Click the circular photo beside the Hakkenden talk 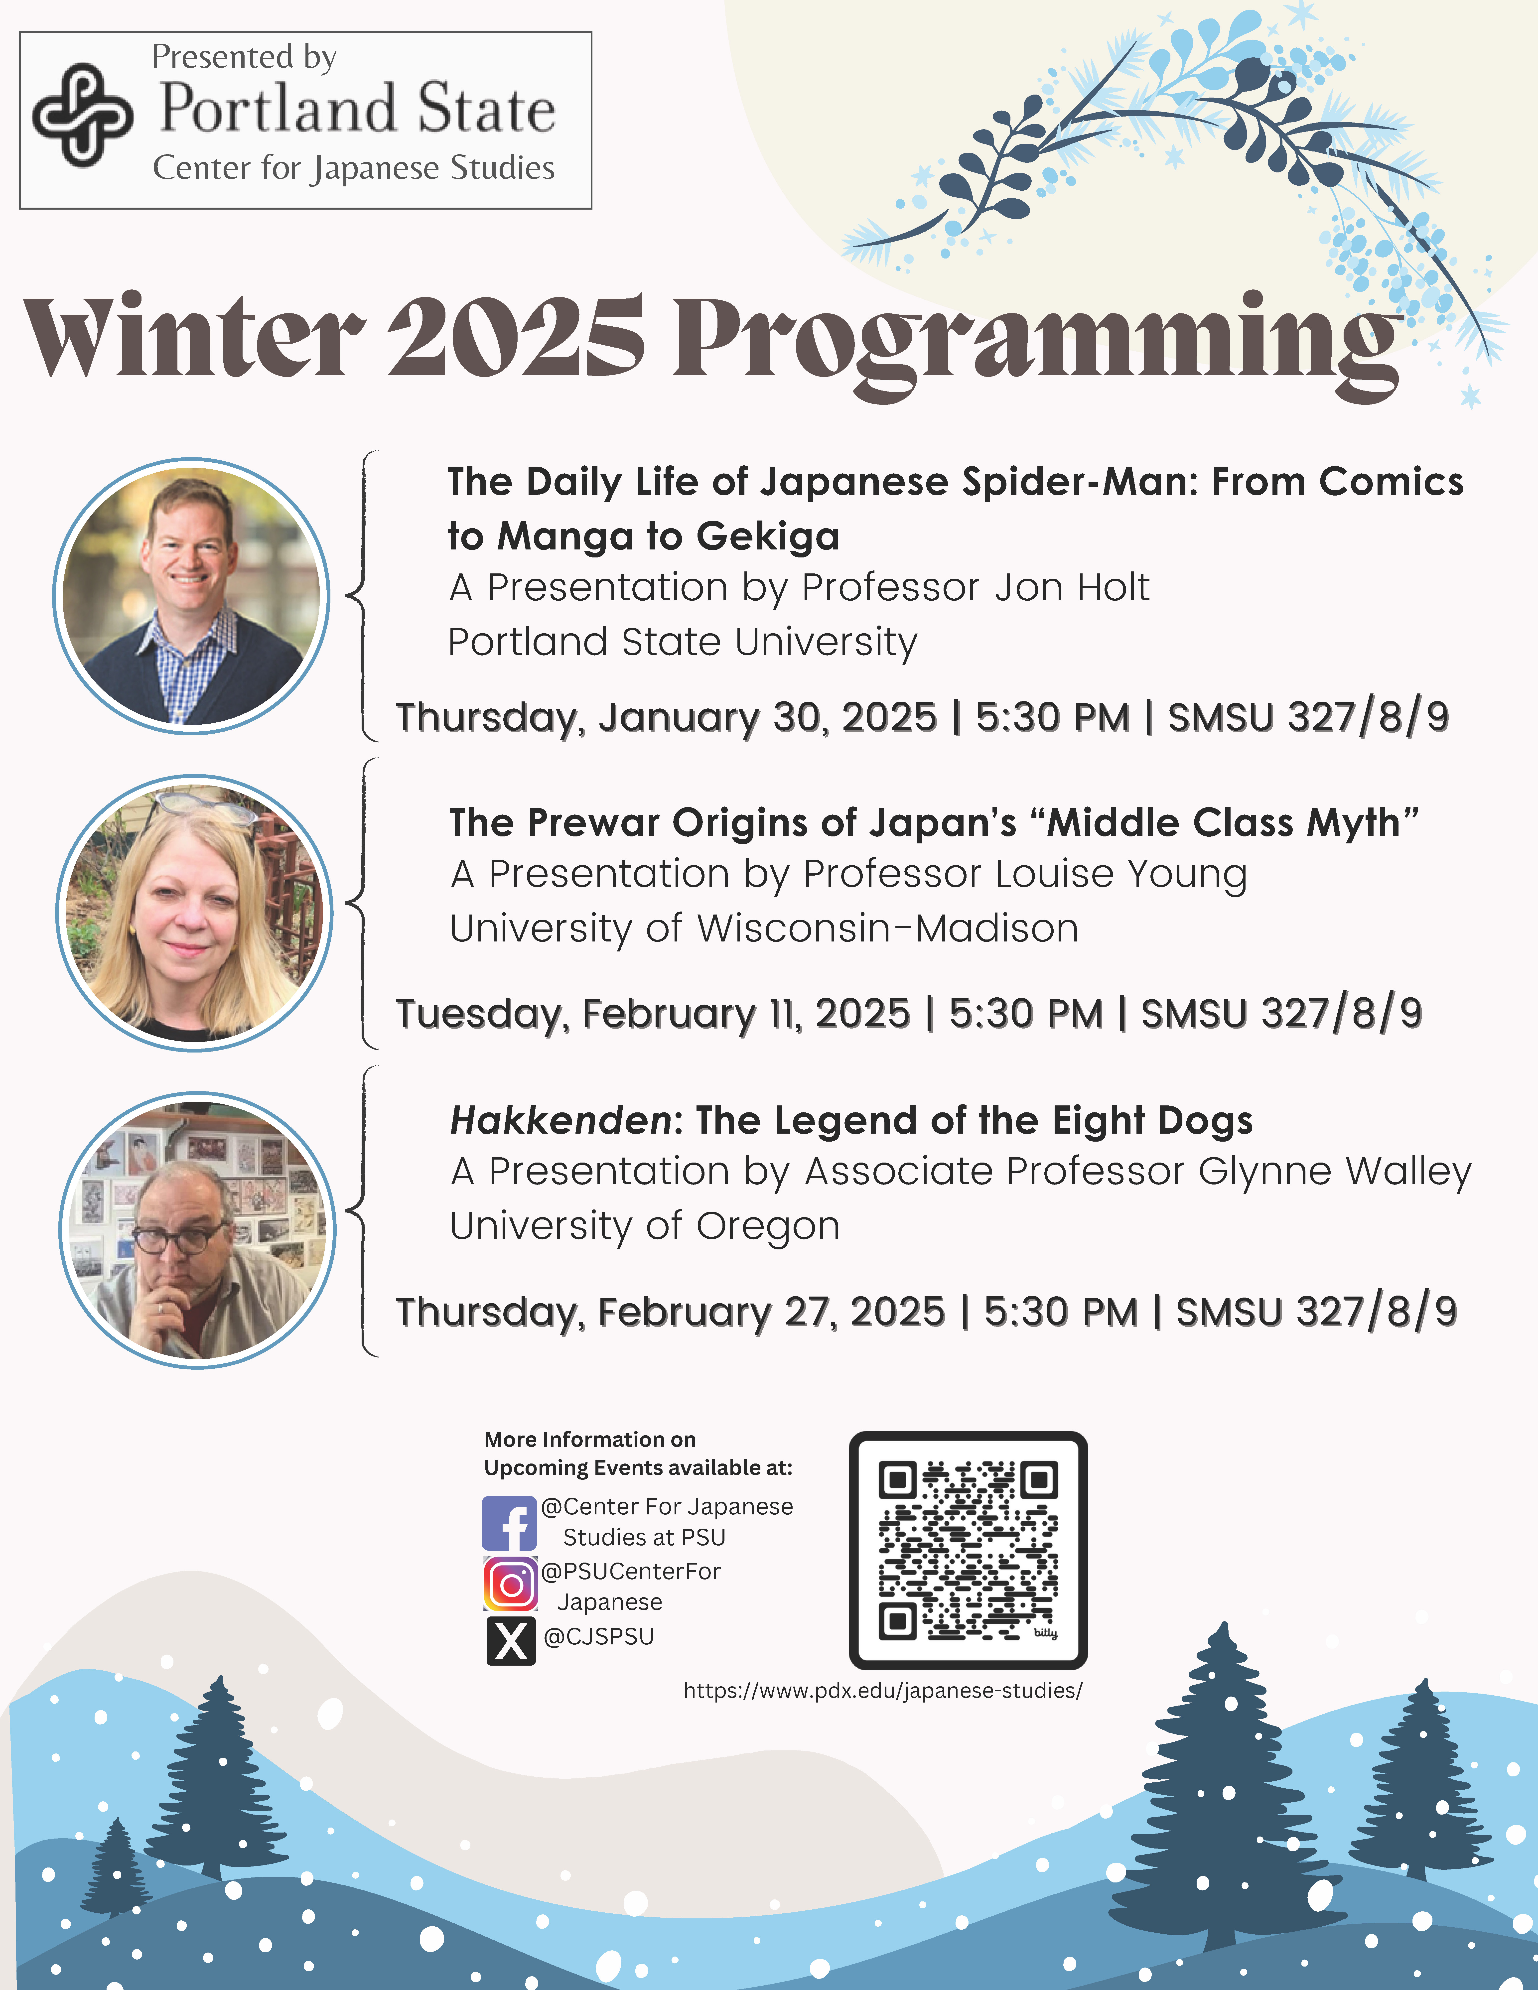[197, 1230]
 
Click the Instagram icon [510, 1584]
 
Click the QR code [968, 1550]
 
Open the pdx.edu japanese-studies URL [883, 1691]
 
